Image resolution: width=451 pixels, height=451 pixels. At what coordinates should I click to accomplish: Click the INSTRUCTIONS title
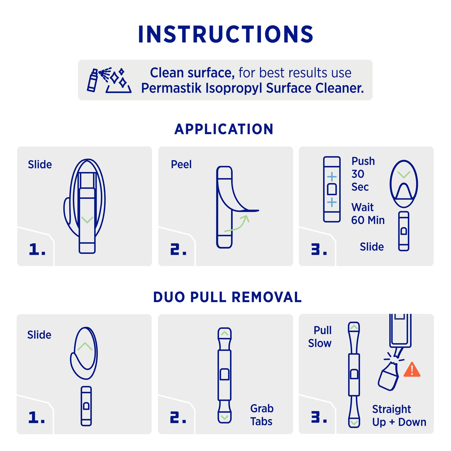pos(225,34)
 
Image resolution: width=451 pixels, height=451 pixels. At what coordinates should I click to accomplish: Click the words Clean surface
pos(192,73)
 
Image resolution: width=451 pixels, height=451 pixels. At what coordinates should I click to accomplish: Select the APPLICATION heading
pos(224,129)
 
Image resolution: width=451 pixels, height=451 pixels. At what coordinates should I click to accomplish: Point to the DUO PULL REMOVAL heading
pos(227,297)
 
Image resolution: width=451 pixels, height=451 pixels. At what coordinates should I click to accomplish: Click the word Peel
pos(181,164)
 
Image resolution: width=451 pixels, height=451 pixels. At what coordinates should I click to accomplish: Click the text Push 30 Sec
pos(363,174)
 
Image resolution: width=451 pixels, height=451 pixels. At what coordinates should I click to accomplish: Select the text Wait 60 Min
pos(368,214)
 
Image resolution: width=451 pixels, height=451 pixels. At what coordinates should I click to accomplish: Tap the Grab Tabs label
pos(262,415)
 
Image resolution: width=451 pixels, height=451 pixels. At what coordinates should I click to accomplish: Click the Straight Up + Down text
pos(399,415)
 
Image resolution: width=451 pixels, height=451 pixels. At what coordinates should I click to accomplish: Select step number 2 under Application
pos(178,249)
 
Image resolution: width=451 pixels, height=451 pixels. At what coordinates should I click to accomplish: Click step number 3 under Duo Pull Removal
pos(319,417)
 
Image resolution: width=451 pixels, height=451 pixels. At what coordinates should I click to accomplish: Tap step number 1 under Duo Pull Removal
pos(37,417)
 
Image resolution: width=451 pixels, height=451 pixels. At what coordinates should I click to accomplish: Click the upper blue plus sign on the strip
pos(332,177)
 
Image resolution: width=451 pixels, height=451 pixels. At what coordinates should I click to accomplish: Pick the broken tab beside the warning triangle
pos(388,377)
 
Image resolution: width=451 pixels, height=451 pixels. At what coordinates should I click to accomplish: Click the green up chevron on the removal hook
pos(85,346)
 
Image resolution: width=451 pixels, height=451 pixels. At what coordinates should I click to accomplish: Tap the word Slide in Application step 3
pos(372,247)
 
